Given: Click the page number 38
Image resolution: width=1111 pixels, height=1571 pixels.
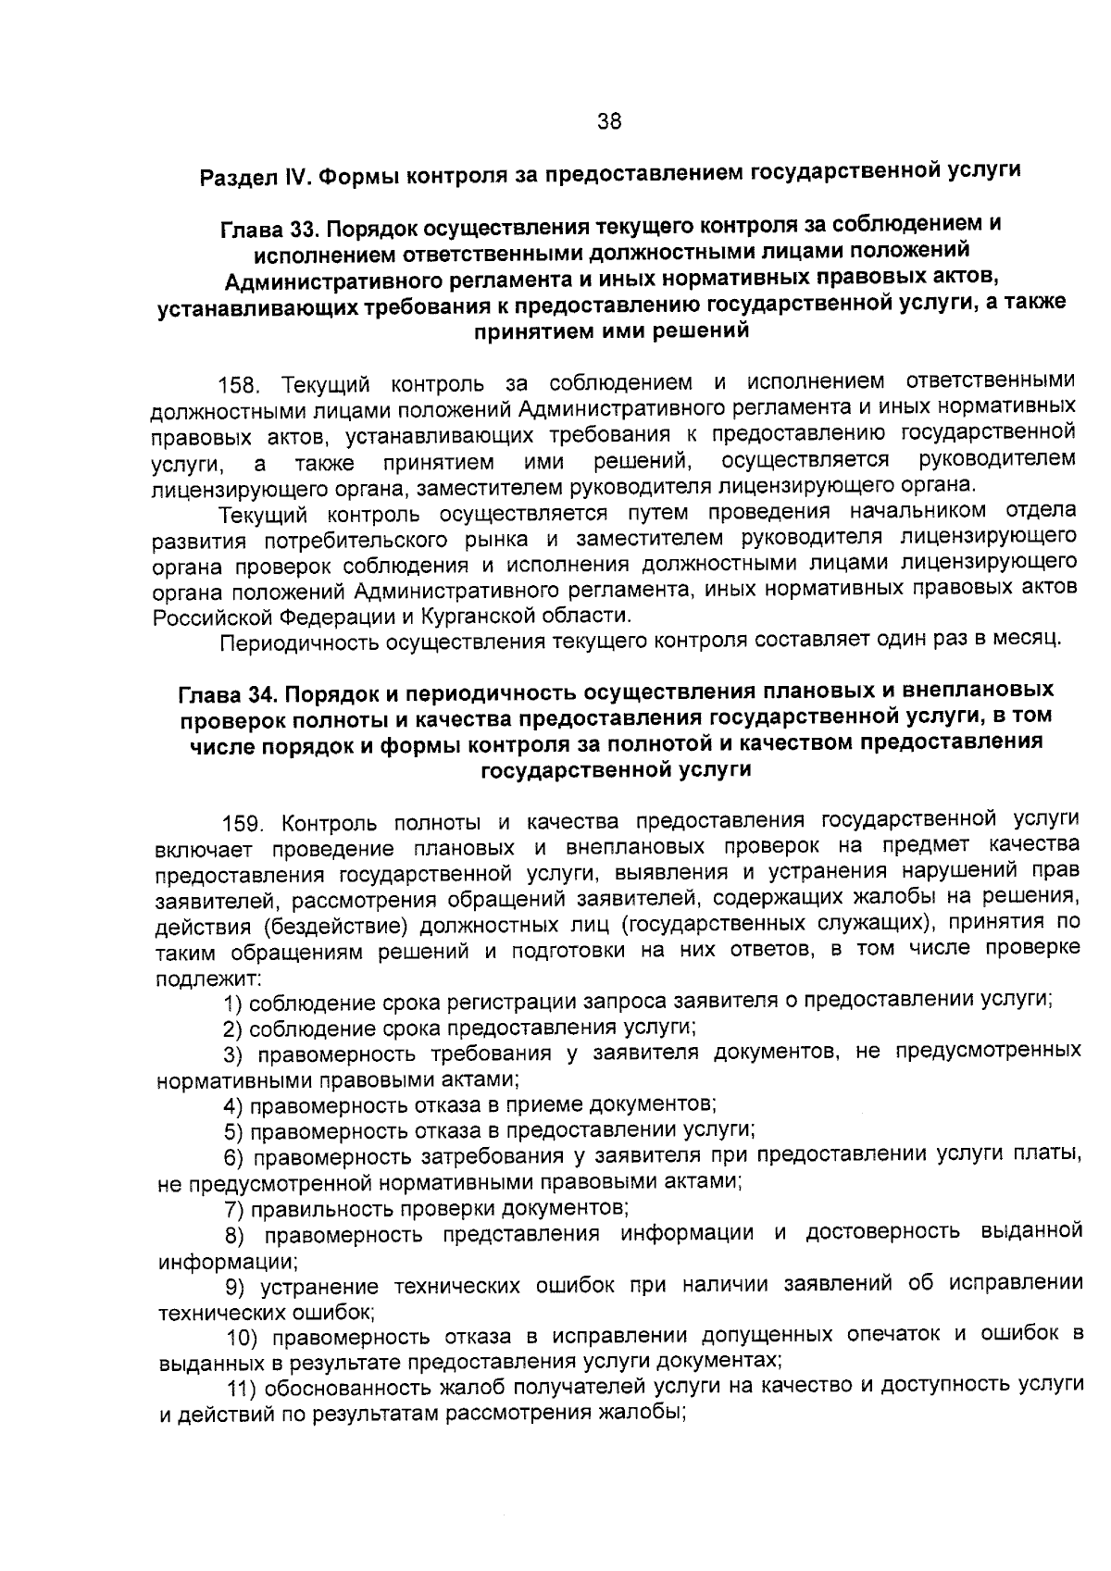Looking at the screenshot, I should point(609,121).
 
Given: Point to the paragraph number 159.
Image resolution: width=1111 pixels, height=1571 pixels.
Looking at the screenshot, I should point(244,823).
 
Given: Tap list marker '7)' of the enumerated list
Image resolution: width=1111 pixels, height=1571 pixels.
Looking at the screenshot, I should point(234,1208).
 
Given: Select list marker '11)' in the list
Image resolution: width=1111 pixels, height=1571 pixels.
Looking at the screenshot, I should point(244,1388).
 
